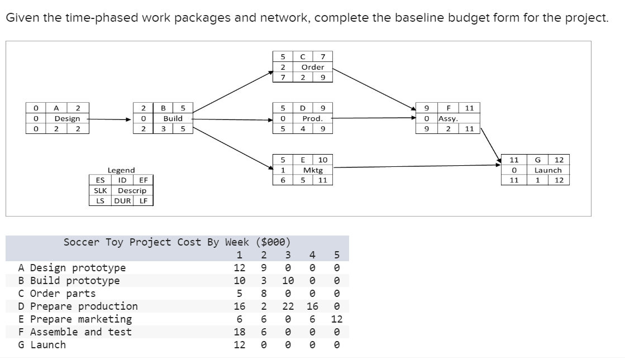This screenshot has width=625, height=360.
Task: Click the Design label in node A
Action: [x=66, y=118]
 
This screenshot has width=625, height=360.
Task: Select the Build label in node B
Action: [x=173, y=118]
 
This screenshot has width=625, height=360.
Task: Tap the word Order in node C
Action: [x=313, y=67]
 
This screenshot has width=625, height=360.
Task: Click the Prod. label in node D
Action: [x=313, y=118]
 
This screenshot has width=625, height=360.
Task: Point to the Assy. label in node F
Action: [x=448, y=118]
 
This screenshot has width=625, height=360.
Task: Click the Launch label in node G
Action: [x=547, y=170]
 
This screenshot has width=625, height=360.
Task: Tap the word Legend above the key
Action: [x=121, y=170]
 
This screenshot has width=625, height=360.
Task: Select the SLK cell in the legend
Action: [x=100, y=190]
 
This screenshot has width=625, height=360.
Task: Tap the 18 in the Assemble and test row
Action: [x=240, y=332]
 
